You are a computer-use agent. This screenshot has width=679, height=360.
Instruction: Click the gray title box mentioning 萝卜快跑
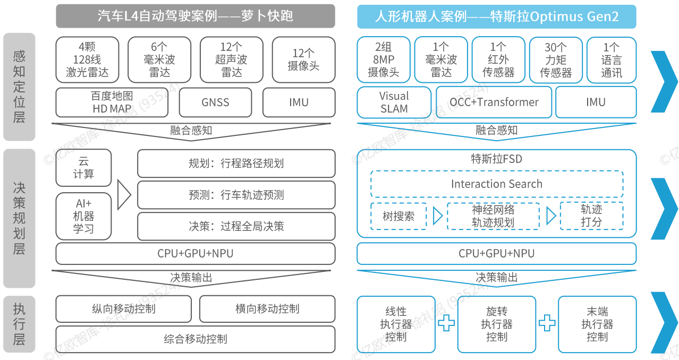(196, 16)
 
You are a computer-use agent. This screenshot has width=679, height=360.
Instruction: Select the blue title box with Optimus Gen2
(496, 16)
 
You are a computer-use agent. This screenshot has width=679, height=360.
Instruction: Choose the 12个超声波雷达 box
(231, 59)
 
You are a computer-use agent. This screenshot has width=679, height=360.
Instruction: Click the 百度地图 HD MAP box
(112, 102)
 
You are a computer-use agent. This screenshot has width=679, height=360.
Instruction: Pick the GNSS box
(215, 102)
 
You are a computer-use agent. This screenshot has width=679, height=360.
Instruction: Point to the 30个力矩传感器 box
(556, 60)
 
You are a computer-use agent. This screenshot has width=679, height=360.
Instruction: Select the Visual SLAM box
(394, 102)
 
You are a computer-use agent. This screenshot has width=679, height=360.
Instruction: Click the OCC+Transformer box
(494, 102)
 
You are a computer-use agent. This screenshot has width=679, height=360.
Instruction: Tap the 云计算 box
(83, 168)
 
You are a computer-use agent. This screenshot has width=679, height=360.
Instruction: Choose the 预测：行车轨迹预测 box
(236, 195)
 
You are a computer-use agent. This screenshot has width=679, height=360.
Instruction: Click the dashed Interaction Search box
(496, 184)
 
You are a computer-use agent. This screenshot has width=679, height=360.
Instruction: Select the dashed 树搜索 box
(398, 216)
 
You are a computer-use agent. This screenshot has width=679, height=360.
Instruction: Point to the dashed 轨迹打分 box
(591, 216)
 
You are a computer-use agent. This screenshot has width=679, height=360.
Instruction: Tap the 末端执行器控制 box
(597, 324)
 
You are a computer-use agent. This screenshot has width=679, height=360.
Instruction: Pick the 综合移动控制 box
(196, 339)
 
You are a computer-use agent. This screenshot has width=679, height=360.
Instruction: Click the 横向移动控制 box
(267, 308)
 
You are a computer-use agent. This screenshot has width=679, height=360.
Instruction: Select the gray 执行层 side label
(19, 324)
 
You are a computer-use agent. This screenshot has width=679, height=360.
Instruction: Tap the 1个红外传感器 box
(498, 60)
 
